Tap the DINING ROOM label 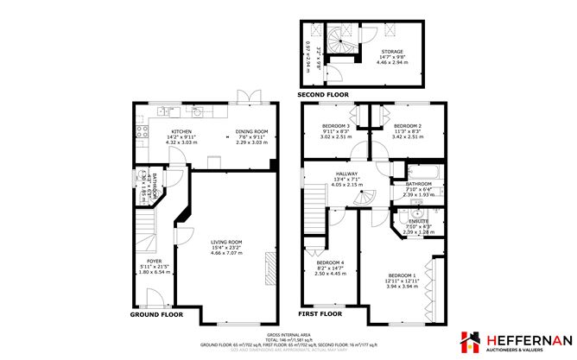pyautogui.click(x=251, y=131)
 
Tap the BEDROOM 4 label pyautogui.click(x=331, y=262)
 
